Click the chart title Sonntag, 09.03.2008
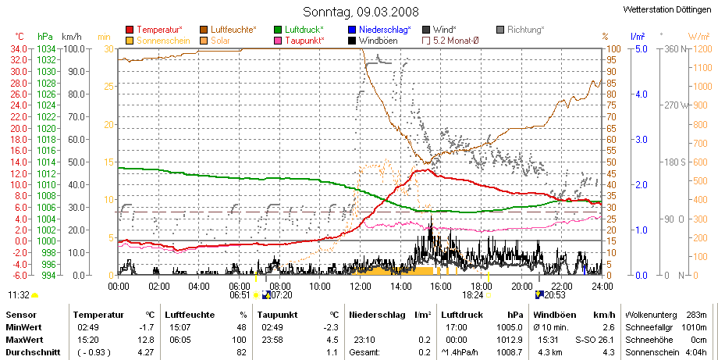pyautogui.click(x=361, y=12)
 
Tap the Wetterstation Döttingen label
pyautogui.click(x=667, y=9)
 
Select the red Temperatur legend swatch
pyautogui.click(x=130, y=30)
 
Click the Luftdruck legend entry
pyautogui.click(x=299, y=30)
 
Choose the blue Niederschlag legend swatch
pyautogui.click(x=352, y=30)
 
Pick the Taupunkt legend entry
pyautogui.click(x=299, y=41)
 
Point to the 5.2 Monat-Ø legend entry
pyautogui.click(x=450, y=41)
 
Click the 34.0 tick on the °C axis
pyautogui.click(x=19, y=48)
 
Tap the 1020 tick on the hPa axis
pyautogui.click(x=46, y=128)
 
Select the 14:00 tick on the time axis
pyautogui.click(x=400, y=287)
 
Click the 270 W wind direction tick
pyautogui.click(x=677, y=105)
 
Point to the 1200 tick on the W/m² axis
pyautogui.click(x=703, y=48)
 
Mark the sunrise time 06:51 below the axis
pyautogui.click(x=240, y=295)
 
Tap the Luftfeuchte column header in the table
pyautogui.click(x=190, y=315)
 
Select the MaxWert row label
pyautogui.click(x=23, y=340)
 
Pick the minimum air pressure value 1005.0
pyautogui.click(x=510, y=327)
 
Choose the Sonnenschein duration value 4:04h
pyautogui.click(x=695, y=352)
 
